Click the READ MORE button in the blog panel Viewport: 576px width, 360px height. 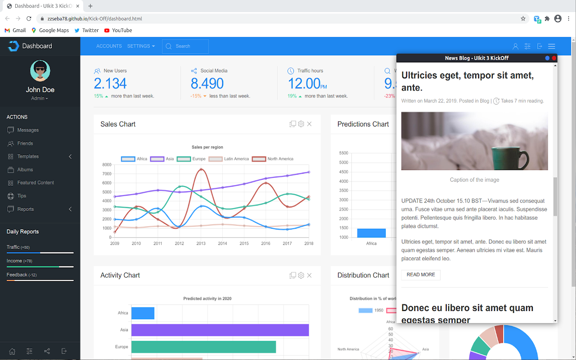(x=421, y=274)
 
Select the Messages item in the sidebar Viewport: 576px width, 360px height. (x=28, y=130)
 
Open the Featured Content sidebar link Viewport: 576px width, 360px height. (x=36, y=183)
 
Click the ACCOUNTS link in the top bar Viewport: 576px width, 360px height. (x=109, y=46)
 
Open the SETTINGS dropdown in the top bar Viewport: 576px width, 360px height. (x=141, y=46)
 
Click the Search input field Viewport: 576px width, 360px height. (x=189, y=46)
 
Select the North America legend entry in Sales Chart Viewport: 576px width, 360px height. (x=273, y=159)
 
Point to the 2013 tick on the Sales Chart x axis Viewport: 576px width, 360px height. (x=201, y=243)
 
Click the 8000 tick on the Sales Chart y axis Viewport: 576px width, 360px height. (x=107, y=165)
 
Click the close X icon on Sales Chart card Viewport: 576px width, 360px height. (x=309, y=124)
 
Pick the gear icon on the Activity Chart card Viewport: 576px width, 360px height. (x=301, y=275)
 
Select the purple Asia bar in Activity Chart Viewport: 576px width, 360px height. (x=220, y=330)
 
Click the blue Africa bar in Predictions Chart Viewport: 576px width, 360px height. (x=371, y=233)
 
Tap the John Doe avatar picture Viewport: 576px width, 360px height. (x=40, y=71)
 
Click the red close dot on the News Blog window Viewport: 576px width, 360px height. (x=554, y=58)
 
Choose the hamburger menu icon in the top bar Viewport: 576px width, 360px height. (x=551, y=46)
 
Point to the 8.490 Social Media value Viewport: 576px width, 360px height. (x=207, y=84)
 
